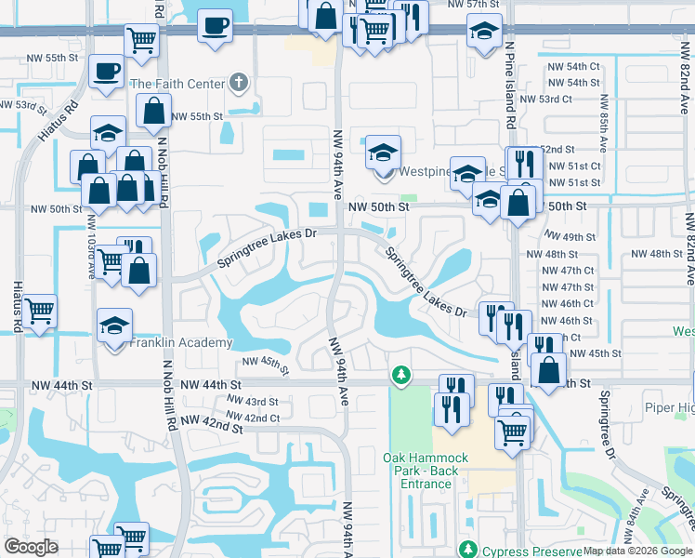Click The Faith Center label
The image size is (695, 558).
point(177,84)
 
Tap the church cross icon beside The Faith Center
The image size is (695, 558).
point(239,84)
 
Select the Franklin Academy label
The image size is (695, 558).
point(180,342)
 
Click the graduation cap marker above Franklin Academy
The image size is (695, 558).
point(114,326)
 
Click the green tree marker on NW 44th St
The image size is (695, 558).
point(400,374)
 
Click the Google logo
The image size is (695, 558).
point(31,547)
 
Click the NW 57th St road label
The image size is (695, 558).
point(473,5)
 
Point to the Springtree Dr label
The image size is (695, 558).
point(608,424)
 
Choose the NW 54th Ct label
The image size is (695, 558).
point(573,67)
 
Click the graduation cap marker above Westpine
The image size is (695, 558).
point(383,152)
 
